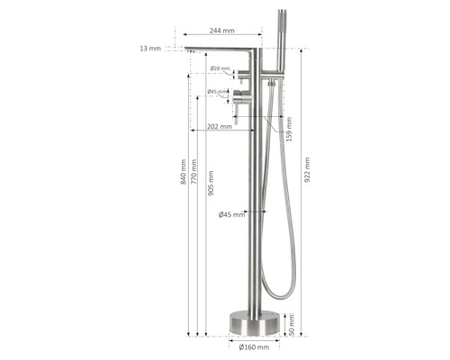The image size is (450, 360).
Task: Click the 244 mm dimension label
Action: pyautogui.click(x=222, y=31)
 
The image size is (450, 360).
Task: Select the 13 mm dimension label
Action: pyautogui.click(x=150, y=49)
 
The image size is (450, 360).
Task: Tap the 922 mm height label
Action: pyautogui.click(x=307, y=170)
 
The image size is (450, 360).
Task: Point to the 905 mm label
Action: pyautogui.click(x=211, y=183)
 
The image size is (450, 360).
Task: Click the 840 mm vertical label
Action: pyautogui.click(x=184, y=172)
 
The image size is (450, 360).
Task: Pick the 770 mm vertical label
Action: pyautogui.click(x=194, y=172)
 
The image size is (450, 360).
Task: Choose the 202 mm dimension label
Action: pyautogui.click(x=220, y=126)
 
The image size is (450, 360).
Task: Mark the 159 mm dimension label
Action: pyautogui.click(x=289, y=129)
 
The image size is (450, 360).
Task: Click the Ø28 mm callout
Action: pyautogui.click(x=220, y=68)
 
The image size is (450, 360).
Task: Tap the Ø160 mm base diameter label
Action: pyautogui.click(x=254, y=347)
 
